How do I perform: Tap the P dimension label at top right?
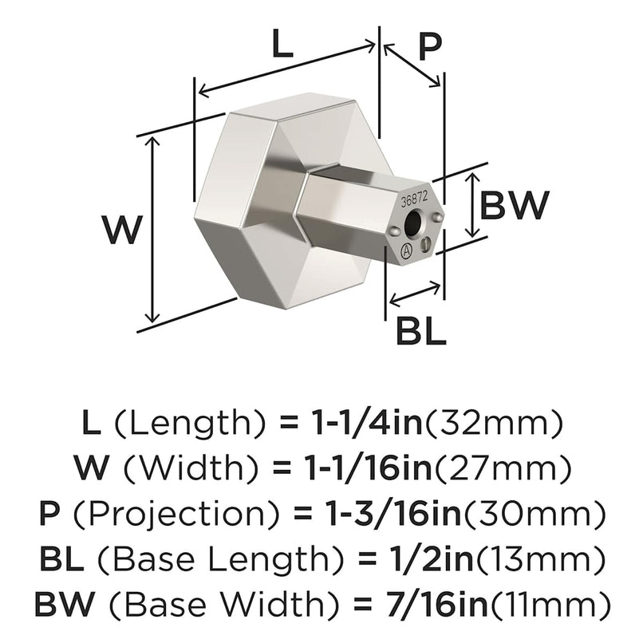click(429, 48)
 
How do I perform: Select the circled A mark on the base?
click(405, 254)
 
